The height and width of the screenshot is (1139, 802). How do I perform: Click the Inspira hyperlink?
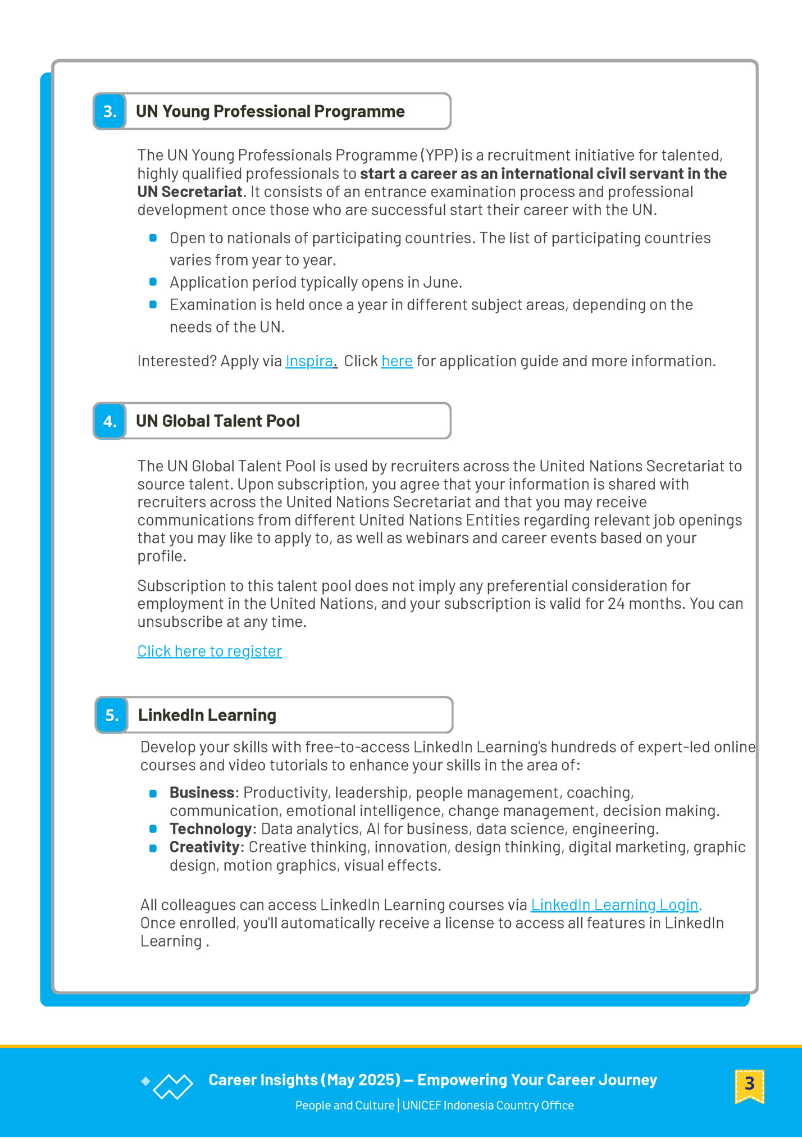coord(309,361)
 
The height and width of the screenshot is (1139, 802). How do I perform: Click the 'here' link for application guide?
coord(397,361)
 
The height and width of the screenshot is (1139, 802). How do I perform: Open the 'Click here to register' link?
coord(209,651)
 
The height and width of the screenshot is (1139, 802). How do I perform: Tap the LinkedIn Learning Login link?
coord(614,905)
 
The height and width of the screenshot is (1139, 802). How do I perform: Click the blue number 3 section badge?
coord(110,111)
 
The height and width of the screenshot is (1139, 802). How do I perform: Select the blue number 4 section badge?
coord(110,421)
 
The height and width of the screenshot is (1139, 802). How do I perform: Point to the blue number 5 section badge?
coord(112,715)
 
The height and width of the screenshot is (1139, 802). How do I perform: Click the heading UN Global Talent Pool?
coord(218,421)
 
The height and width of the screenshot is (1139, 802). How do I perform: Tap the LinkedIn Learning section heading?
coord(207,715)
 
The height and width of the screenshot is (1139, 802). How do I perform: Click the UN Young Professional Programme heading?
coord(270,111)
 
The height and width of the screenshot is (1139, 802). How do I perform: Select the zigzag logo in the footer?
coord(172,1086)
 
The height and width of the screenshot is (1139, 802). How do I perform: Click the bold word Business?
coord(202,792)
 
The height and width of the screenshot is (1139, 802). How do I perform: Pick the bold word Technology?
coord(211,829)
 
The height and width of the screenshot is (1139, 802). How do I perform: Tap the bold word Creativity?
coord(205,847)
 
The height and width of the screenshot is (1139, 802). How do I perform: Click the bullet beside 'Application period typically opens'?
coord(153,282)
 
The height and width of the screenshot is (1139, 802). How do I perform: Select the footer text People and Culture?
coord(344,1105)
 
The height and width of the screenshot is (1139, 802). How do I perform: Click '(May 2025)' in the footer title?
coord(361,1080)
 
